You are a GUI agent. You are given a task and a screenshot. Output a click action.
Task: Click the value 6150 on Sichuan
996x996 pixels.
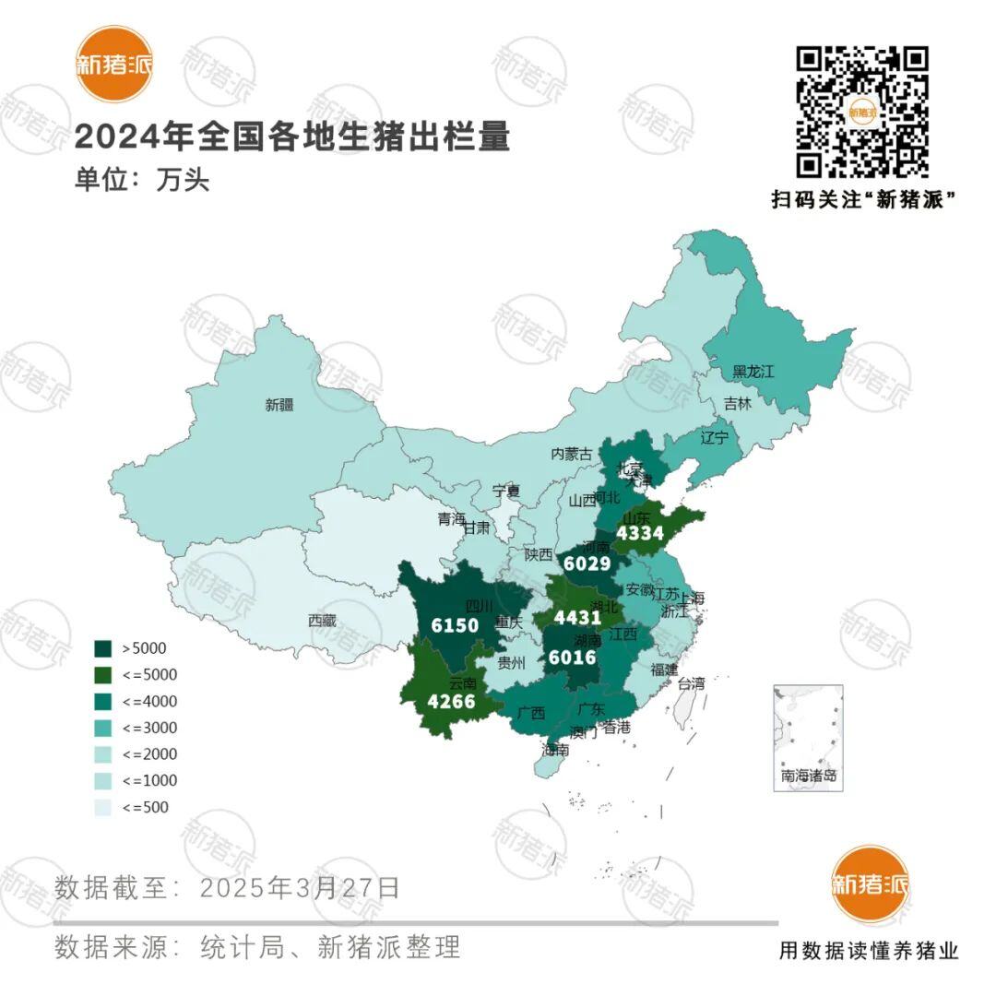tap(455, 625)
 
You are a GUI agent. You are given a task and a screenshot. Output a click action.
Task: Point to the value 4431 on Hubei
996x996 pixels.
tap(577, 618)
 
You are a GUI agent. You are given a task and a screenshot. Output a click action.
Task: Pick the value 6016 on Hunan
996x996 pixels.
tap(573, 658)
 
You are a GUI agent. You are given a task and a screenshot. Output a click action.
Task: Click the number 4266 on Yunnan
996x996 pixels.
tap(451, 702)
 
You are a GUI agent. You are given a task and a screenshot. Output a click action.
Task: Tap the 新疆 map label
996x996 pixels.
tap(279, 405)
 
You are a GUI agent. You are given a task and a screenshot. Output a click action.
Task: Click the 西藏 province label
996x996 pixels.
tap(322, 621)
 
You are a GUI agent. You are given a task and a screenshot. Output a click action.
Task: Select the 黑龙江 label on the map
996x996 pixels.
tap(753, 372)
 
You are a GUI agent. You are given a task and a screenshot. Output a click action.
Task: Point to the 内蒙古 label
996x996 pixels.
tap(571, 454)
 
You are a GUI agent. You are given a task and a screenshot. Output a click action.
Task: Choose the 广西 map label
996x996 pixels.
tap(532, 712)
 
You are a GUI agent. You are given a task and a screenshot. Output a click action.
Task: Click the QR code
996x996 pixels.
tap(862, 112)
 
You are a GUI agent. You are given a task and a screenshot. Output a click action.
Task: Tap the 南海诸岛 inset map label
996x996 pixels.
tap(809, 776)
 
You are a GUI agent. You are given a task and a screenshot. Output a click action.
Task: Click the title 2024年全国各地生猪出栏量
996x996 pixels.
tap(291, 137)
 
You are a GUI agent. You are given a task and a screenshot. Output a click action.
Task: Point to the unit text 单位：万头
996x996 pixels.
tap(142, 179)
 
